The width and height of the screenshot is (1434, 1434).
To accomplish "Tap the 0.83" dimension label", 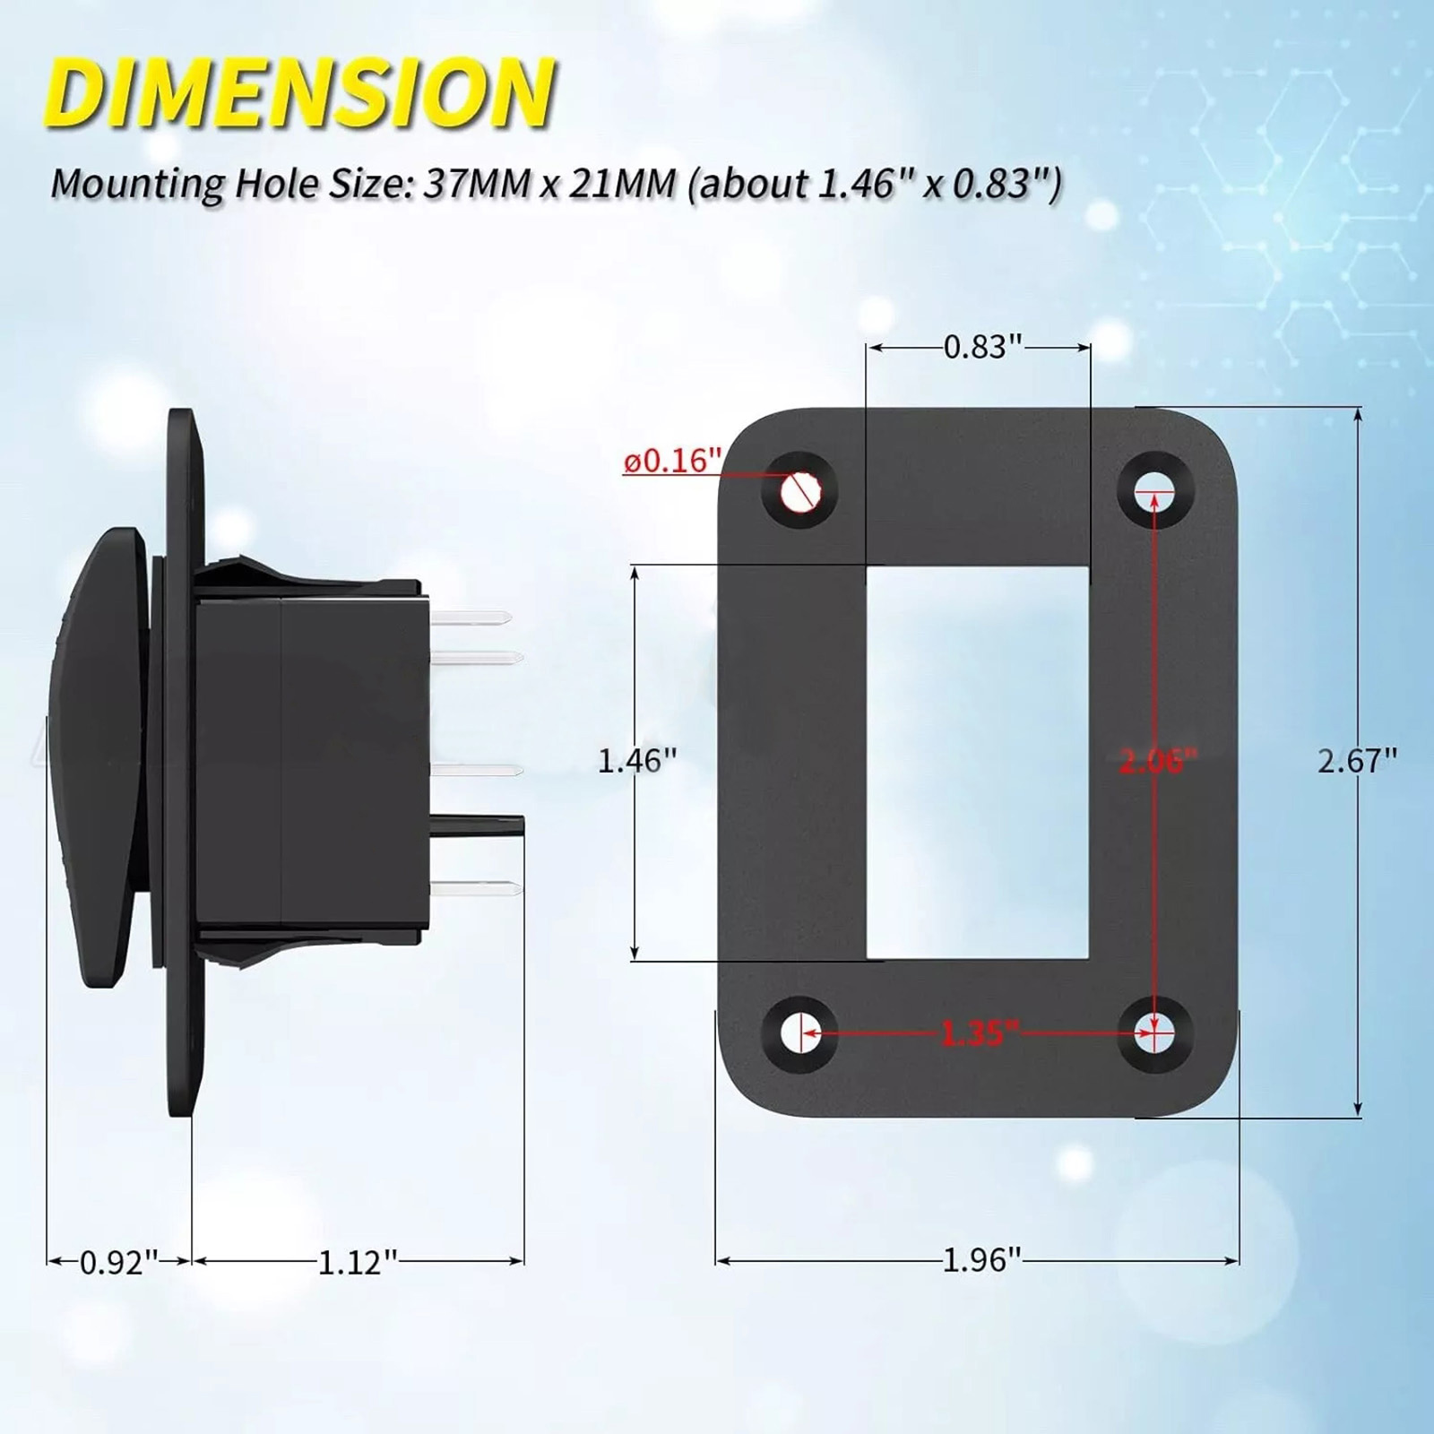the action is coord(982,347).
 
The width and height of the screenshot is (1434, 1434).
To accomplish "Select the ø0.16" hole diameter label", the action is coord(672,462).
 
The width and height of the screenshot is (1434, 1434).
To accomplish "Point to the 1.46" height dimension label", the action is coord(637,762).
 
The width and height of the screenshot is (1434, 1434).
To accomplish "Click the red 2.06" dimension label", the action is coord(1158,762).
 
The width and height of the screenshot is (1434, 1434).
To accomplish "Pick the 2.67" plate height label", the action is coord(1357,762).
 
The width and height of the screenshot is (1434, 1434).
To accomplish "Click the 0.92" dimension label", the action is coord(119,1262).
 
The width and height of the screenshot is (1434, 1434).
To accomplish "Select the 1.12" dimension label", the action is coord(358,1262).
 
